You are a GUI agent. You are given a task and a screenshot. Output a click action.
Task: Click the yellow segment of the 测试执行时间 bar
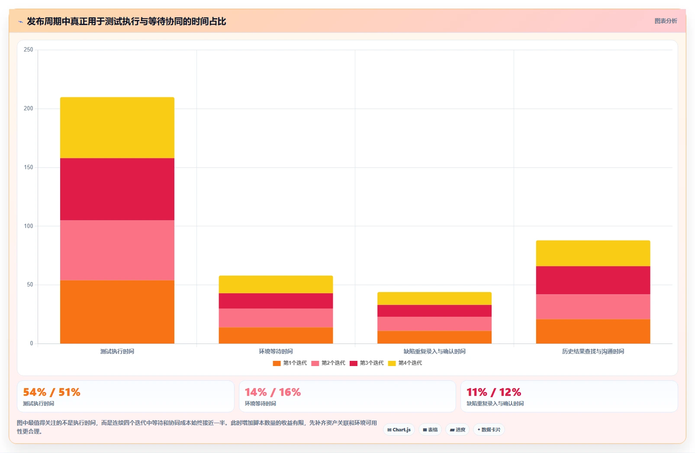click(x=117, y=128)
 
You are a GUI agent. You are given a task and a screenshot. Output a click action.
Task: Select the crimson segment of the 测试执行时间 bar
click(x=117, y=189)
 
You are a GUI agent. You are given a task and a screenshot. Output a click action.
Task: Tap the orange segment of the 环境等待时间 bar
click(x=276, y=335)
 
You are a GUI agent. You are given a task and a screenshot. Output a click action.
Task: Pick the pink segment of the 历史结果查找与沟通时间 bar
click(x=593, y=307)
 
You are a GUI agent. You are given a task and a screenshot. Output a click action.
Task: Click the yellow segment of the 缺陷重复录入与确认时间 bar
click(x=434, y=299)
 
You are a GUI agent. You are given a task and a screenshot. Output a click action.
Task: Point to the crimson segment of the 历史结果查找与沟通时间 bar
click(x=593, y=280)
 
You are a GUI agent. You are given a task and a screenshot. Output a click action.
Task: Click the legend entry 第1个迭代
click(x=290, y=363)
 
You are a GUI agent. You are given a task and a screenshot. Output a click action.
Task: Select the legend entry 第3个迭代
click(x=367, y=363)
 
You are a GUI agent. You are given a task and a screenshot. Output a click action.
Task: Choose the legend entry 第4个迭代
click(x=405, y=363)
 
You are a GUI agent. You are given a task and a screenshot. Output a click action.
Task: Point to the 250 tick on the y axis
click(x=28, y=50)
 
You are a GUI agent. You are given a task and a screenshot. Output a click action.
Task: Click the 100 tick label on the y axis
click(x=28, y=226)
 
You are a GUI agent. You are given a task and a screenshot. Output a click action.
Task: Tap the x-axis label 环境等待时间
click(x=276, y=351)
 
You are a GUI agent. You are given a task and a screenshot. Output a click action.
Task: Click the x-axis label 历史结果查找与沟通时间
click(x=593, y=351)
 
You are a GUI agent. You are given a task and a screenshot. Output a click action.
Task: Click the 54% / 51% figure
click(x=52, y=392)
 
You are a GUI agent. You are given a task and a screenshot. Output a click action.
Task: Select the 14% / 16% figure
click(x=273, y=392)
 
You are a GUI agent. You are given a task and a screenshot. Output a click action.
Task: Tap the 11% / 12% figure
click(x=494, y=392)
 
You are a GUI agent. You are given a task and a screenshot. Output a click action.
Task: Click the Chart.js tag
click(x=399, y=430)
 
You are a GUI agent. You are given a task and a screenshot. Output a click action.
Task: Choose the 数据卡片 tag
click(x=489, y=430)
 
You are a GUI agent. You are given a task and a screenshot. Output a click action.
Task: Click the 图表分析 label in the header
click(x=666, y=21)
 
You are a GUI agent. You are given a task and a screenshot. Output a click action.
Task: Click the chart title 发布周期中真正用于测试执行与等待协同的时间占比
click(x=126, y=21)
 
